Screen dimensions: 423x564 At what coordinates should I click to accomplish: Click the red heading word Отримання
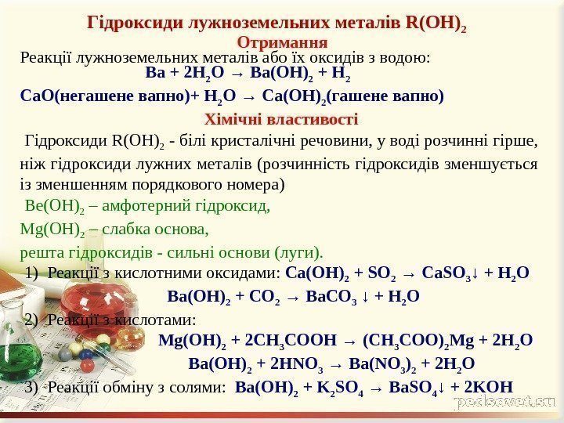(x=281, y=39)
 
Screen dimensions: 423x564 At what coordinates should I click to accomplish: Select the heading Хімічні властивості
(x=281, y=120)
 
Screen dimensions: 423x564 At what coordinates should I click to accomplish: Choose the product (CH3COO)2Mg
(x=407, y=341)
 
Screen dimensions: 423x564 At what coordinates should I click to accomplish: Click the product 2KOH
(x=492, y=386)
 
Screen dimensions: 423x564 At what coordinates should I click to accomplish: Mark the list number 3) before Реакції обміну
(x=31, y=386)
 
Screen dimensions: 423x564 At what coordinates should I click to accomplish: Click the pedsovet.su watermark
(x=502, y=402)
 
